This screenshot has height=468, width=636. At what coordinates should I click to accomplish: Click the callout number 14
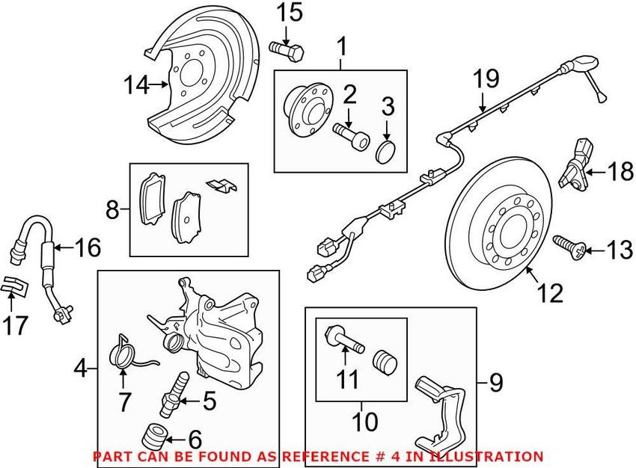136,87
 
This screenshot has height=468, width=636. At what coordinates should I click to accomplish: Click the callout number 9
495,384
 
